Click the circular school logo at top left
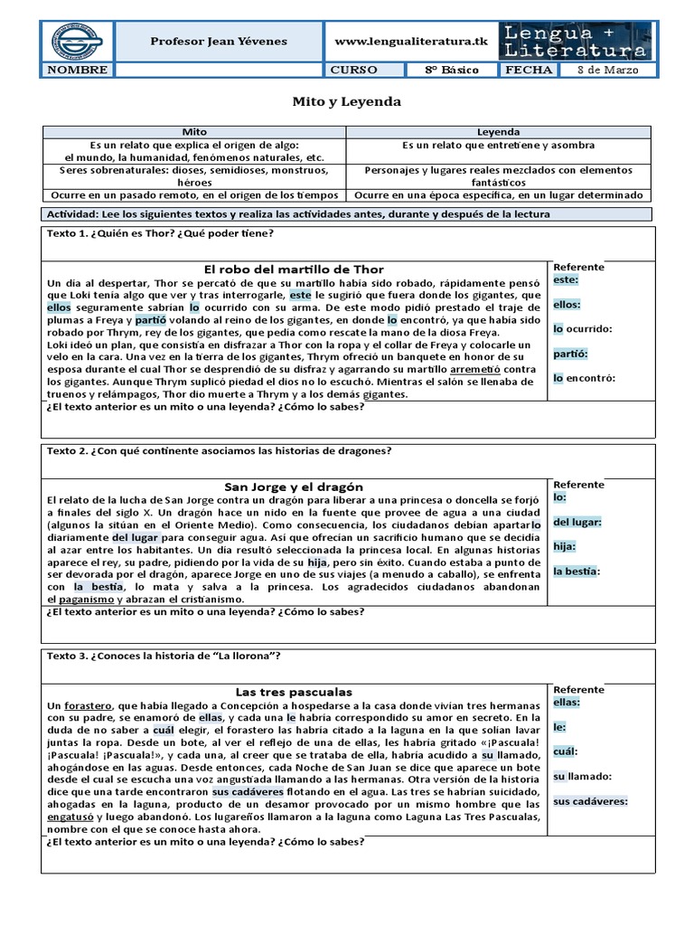pos(75,42)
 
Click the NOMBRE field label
pos(77,70)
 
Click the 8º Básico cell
pos(453,70)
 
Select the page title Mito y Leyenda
pos(347,102)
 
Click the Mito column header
pos(194,132)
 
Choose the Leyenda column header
pos(499,132)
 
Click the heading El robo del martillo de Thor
pos(294,269)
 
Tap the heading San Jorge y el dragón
pos(294,487)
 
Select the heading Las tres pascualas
pos(294,692)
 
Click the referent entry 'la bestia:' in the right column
pos(577,572)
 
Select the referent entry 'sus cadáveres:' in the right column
pos(589,801)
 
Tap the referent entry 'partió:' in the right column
pos(571,354)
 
